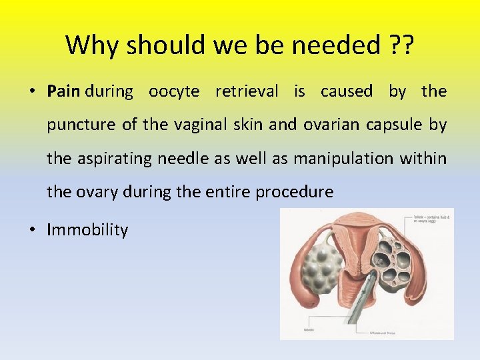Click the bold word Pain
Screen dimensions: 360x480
[64, 91]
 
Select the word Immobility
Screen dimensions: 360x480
[87, 230]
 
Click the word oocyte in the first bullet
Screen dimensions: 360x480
[174, 91]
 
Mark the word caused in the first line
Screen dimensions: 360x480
[347, 91]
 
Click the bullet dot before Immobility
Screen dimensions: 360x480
[33, 231]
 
